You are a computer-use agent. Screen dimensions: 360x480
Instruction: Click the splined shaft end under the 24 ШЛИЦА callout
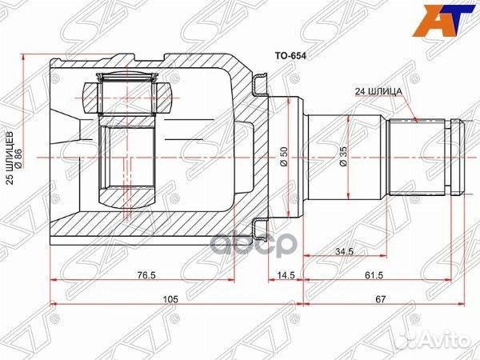coord(417,158)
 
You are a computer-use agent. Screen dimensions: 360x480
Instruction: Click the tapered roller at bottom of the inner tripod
coord(128,196)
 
